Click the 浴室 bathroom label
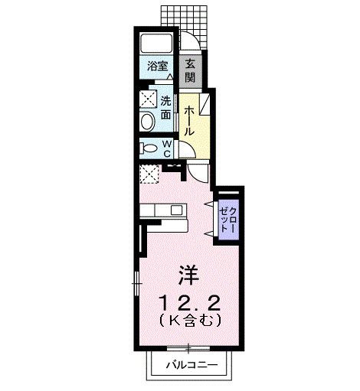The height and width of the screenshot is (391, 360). (158, 67)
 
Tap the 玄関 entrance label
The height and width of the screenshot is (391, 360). (190, 67)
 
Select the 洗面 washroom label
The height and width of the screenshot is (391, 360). (165, 108)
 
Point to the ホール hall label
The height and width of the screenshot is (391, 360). (189, 120)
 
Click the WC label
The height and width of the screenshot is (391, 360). (166, 148)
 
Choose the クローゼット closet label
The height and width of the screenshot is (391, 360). (229, 215)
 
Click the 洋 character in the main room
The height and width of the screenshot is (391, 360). (187, 272)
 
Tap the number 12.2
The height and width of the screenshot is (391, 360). (188, 299)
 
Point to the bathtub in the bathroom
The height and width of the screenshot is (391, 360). (159, 44)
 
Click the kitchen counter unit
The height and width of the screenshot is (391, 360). (162, 210)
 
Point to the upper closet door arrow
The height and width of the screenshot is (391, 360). (208, 204)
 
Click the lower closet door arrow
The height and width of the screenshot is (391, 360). (208, 227)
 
